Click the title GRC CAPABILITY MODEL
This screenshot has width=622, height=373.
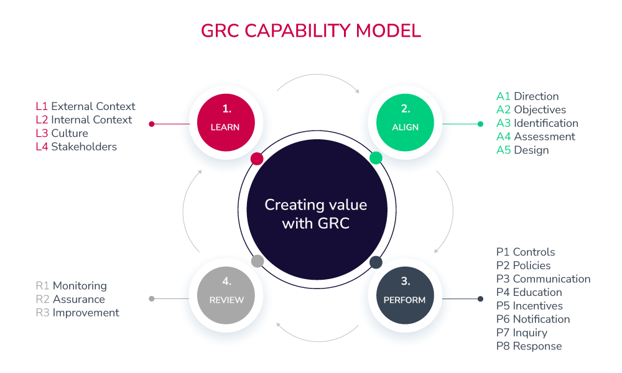[311, 30]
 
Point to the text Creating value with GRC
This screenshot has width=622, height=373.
[315, 213]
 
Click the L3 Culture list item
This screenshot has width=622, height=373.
[62, 133]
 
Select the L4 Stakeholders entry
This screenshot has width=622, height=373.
[77, 147]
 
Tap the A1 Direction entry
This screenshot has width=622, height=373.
[527, 96]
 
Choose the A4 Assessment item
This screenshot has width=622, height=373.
[536, 137]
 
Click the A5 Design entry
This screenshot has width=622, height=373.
[522, 150]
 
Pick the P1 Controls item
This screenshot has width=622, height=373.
[526, 252]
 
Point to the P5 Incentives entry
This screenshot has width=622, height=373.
[529, 306]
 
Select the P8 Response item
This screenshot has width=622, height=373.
[529, 346]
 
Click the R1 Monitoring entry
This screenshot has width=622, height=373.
[71, 286]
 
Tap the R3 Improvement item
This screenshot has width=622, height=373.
[77, 313]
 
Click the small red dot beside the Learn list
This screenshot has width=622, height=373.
[152, 124]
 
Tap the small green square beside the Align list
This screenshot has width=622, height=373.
[480, 124]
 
